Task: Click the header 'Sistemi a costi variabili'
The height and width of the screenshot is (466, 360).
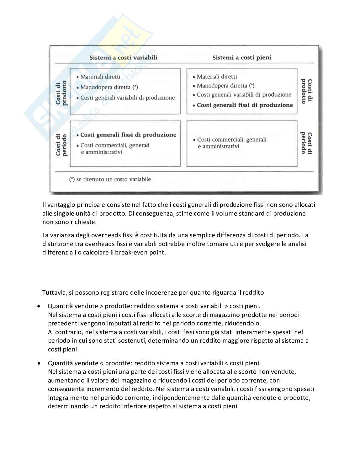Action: (x=123, y=57)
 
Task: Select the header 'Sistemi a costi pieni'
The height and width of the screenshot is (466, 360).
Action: (x=242, y=57)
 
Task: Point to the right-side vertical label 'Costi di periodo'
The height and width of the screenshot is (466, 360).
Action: (x=306, y=143)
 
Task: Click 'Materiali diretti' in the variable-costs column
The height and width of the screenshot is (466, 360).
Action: (x=100, y=77)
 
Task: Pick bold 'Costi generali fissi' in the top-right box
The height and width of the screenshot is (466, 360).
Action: (x=245, y=105)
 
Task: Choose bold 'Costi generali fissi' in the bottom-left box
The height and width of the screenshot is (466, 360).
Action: (x=128, y=135)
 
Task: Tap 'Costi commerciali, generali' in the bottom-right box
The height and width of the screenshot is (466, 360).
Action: (x=232, y=139)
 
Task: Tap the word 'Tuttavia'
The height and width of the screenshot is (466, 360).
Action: (x=54, y=292)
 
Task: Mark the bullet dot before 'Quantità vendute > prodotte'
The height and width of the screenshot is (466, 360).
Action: (x=39, y=306)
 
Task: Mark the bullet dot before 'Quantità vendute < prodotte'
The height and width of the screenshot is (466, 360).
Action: (x=39, y=363)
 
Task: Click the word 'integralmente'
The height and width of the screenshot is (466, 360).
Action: (x=66, y=398)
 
